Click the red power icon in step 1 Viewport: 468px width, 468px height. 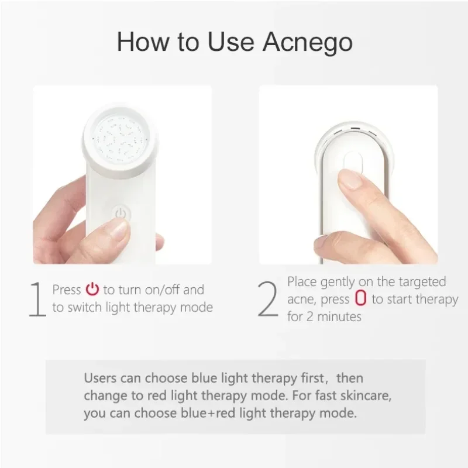point(92,289)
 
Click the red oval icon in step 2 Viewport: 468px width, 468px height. point(360,299)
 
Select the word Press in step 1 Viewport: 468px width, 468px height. point(67,290)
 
